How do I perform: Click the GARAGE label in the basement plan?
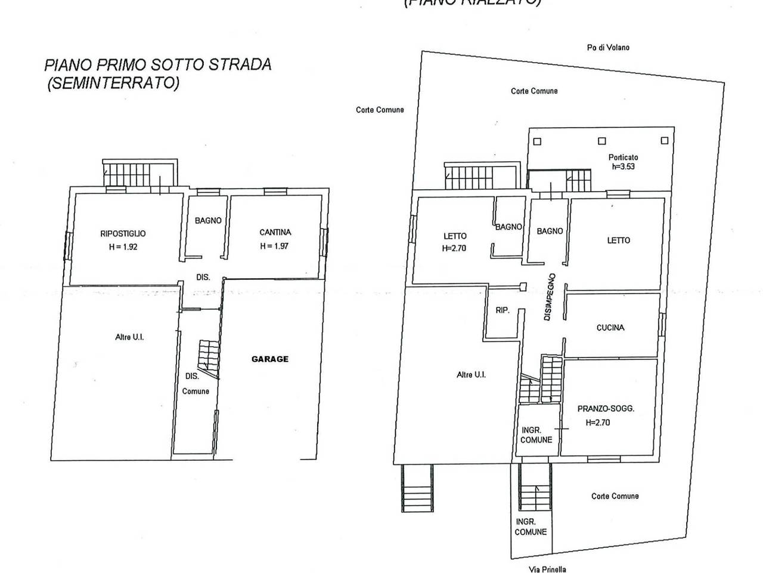(x=269, y=359)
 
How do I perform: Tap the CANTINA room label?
(x=275, y=232)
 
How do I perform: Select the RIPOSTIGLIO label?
(x=123, y=234)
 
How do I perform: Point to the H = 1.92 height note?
(x=123, y=247)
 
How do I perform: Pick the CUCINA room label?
(x=610, y=328)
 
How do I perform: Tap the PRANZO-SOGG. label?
(x=606, y=409)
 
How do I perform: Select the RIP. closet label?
(x=503, y=310)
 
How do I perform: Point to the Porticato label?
(x=623, y=158)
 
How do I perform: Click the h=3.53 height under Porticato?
(x=623, y=167)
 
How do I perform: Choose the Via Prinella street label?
(x=547, y=569)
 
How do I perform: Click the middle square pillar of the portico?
(x=602, y=141)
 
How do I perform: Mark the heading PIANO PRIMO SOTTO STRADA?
(x=158, y=64)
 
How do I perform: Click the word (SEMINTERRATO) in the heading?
(x=113, y=83)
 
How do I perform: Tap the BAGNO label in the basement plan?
(x=208, y=220)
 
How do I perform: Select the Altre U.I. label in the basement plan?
(x=129, y=337)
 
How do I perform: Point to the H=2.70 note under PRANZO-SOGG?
(x=598, y=423)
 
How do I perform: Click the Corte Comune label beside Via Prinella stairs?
(x=615, y=496)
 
